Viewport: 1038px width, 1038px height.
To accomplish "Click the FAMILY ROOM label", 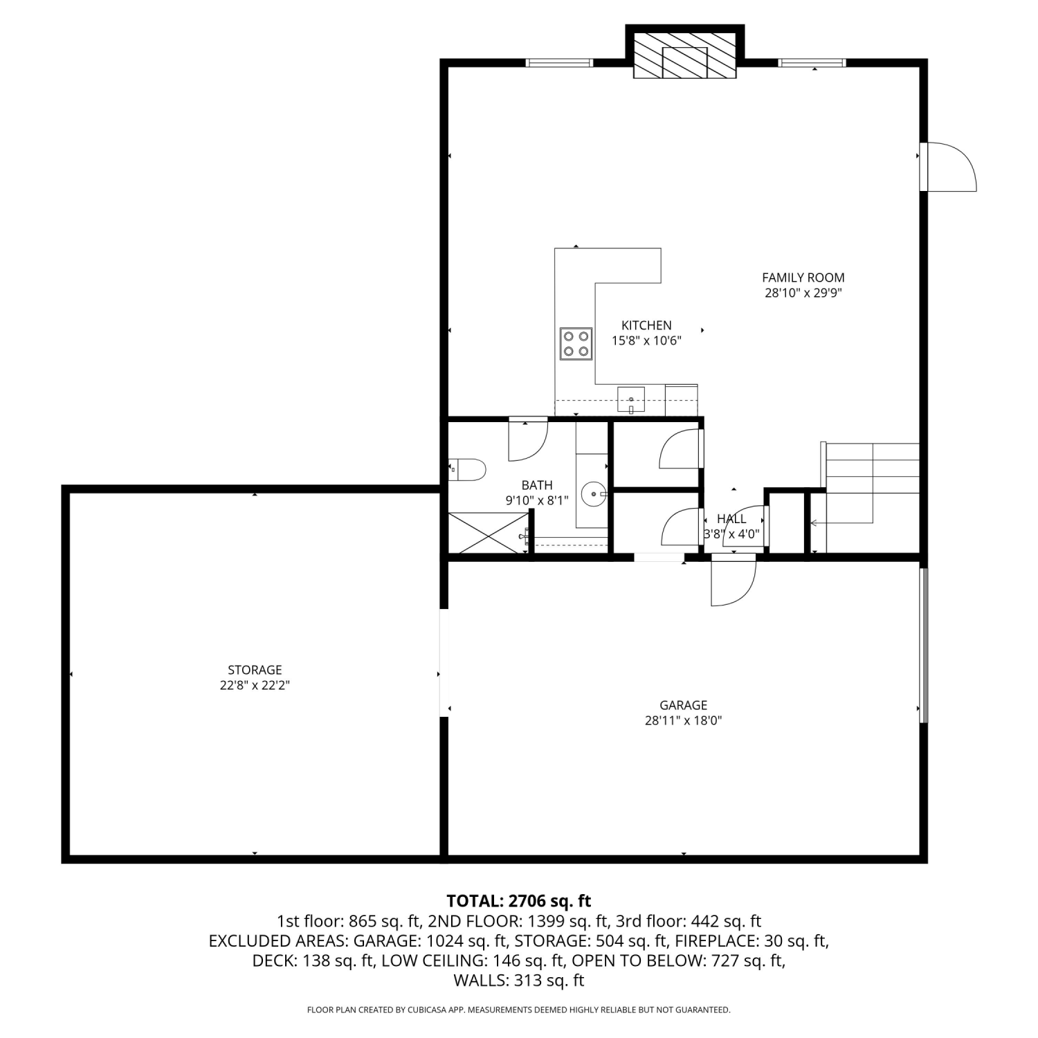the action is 803,277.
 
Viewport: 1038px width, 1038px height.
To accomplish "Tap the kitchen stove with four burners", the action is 576,344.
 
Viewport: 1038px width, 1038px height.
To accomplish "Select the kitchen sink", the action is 631,400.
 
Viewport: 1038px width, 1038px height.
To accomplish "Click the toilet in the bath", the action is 467,470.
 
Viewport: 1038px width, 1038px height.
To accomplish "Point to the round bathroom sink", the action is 594,494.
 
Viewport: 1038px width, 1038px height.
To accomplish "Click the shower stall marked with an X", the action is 489,532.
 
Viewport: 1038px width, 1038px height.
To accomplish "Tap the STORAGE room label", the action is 255,670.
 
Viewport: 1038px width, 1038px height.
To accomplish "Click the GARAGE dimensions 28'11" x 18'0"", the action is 683,720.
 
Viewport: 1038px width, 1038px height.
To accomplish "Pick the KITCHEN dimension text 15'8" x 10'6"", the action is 646,340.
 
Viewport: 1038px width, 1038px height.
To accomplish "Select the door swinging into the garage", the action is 734,580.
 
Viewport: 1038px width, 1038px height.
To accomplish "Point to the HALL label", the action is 731,518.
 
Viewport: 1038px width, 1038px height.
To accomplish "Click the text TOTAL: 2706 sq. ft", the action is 519,901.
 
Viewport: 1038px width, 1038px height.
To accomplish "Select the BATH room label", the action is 537,485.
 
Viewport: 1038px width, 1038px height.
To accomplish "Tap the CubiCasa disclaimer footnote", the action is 519,1010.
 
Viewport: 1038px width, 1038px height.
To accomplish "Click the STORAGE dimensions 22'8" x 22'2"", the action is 255,686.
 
